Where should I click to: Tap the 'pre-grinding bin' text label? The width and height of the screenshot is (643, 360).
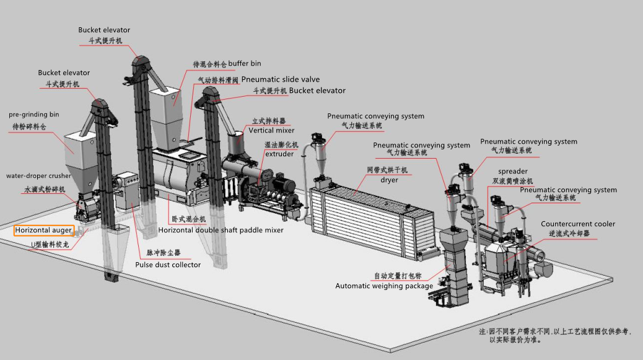34,115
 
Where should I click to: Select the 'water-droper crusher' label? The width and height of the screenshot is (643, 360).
38,176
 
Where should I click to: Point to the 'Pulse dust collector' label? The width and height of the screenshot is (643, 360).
168,265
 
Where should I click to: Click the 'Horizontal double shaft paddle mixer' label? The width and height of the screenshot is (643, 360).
221,230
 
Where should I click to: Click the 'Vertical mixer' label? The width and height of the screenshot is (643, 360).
271,131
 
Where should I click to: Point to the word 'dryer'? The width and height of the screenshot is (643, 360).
389,180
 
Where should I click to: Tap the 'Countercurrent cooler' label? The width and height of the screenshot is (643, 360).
578,224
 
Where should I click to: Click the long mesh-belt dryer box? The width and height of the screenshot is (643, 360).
365,214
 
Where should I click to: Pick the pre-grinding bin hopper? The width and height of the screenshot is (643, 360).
79,146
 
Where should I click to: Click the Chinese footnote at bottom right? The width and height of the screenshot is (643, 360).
555,336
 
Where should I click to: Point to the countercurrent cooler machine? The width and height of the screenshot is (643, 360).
505,260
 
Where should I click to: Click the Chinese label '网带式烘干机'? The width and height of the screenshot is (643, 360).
387,169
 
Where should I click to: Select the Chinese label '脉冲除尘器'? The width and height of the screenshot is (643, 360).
164,253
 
